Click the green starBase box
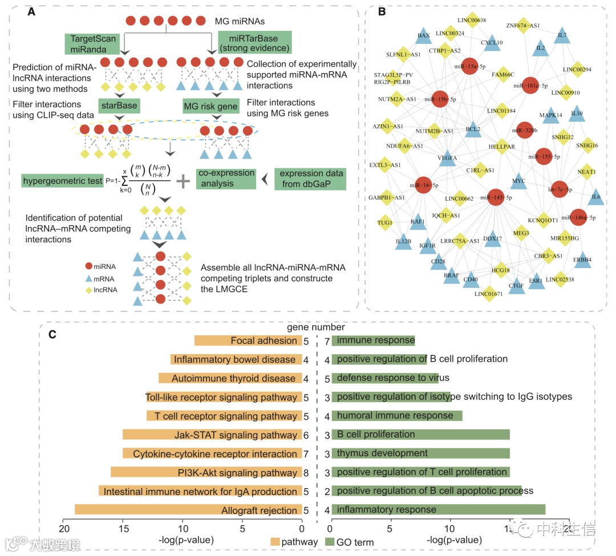(x=117, y=106)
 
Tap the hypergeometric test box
(x=62, y=181)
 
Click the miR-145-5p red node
(x=496, y=197)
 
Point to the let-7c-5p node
(x=560, y=189)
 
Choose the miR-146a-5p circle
(x=578, y=217)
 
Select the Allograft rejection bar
(x=188, y=510)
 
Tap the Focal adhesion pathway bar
(x=248, y=340)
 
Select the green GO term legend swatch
(x=330, y=541)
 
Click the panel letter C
(x=52, y=335)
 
